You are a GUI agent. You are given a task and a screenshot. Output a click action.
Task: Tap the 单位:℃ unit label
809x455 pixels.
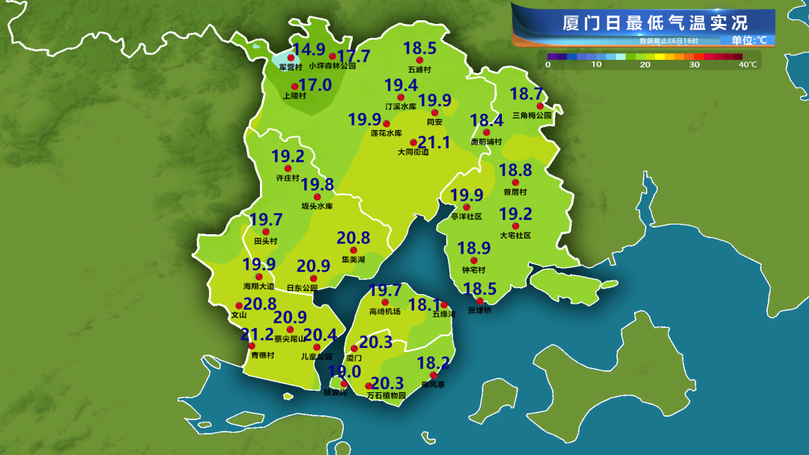click(749, 40)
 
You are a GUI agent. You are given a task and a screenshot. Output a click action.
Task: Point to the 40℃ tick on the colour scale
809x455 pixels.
click(748, 65)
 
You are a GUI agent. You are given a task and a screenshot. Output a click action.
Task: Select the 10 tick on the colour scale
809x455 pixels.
click(596, 65)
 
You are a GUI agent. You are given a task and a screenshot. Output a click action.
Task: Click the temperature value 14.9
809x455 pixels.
click(308, 50)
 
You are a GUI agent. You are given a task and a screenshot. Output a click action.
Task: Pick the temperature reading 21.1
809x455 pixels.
click(434, 142)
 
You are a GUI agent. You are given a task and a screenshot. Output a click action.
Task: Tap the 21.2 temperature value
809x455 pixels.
click(257, 335)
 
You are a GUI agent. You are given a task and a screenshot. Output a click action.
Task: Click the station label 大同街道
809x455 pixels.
click(413, 152)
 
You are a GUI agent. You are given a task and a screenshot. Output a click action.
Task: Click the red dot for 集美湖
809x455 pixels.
click(353, 250)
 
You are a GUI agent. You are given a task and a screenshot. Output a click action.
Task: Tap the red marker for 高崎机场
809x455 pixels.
click(385, 302)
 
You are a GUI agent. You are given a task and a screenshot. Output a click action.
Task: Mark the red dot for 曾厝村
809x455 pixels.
click(515, 183)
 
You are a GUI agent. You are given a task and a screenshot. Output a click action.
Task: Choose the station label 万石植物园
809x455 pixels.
click(386, 395)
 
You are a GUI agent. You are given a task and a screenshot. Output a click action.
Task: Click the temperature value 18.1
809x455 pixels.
click(424, 305)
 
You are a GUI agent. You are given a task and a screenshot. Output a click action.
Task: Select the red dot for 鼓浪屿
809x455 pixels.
click(344, 384)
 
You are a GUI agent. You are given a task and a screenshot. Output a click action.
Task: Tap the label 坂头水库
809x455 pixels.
click(317, 206)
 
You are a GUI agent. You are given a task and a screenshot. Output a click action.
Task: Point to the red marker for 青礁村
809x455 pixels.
click(252, 346)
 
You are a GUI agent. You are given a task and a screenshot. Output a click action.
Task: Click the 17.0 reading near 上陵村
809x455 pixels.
click(315, 85)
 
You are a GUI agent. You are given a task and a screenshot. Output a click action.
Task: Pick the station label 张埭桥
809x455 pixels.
click(479, 310)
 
